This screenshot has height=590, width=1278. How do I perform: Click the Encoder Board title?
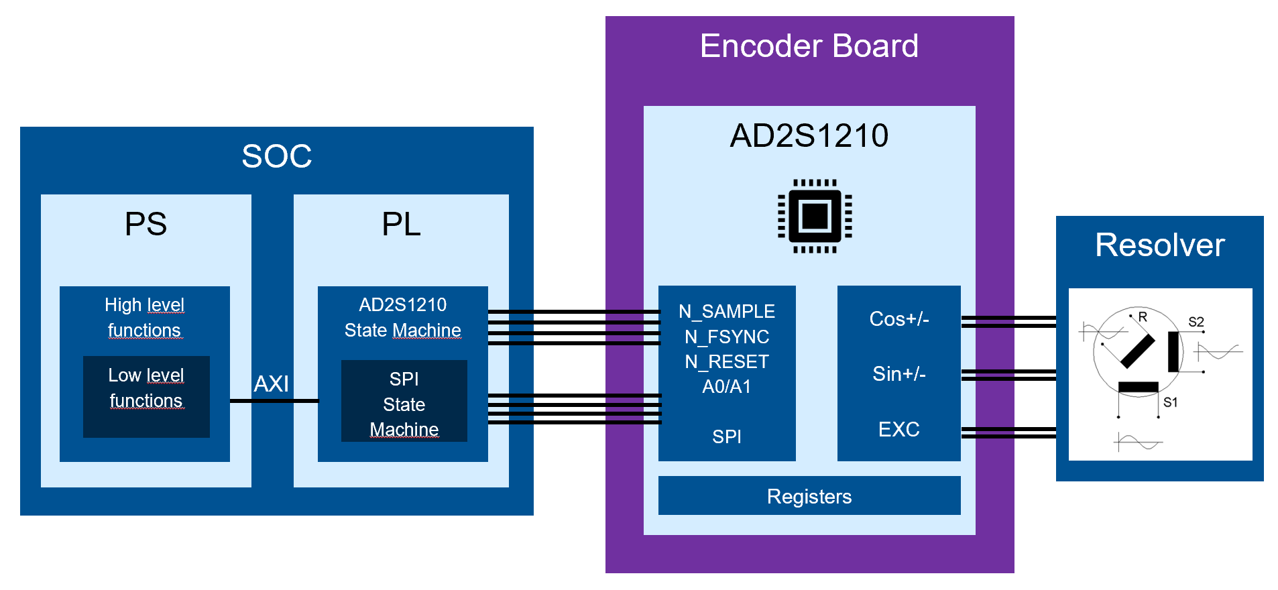tap(809, 46)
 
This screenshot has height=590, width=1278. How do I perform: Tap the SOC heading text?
tap(276, 156)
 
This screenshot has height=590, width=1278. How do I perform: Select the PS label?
tap(146, 224)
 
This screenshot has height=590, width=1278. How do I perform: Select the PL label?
tap(401, 224)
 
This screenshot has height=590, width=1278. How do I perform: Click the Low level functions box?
tap(146, 396)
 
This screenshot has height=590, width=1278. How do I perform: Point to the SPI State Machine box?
tap(404, 401)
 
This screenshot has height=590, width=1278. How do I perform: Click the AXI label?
tap(271, 384)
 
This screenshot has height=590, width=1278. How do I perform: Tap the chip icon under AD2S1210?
tap(815, 216)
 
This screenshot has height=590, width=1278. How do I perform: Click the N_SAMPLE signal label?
tap(726, 312)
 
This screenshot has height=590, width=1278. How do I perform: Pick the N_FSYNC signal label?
tap(726, 337)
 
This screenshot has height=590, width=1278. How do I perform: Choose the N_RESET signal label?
tap(726, 362)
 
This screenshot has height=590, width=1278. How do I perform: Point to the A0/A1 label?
tap(726, 387)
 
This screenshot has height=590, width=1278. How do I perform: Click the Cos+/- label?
tap(898, 319)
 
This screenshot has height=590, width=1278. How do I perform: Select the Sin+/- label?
tap(898, 374)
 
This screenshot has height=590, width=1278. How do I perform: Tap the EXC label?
tap(898, 430)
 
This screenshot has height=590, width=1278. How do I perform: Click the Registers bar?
tap(809, 496)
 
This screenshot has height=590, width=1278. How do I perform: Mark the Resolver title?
tap(1159, 245)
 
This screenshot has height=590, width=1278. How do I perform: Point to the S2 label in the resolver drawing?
tap(1196, 322)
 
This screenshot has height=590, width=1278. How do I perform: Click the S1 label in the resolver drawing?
tap(1170, 402)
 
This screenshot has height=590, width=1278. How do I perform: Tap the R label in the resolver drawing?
tap(1143, 316)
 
